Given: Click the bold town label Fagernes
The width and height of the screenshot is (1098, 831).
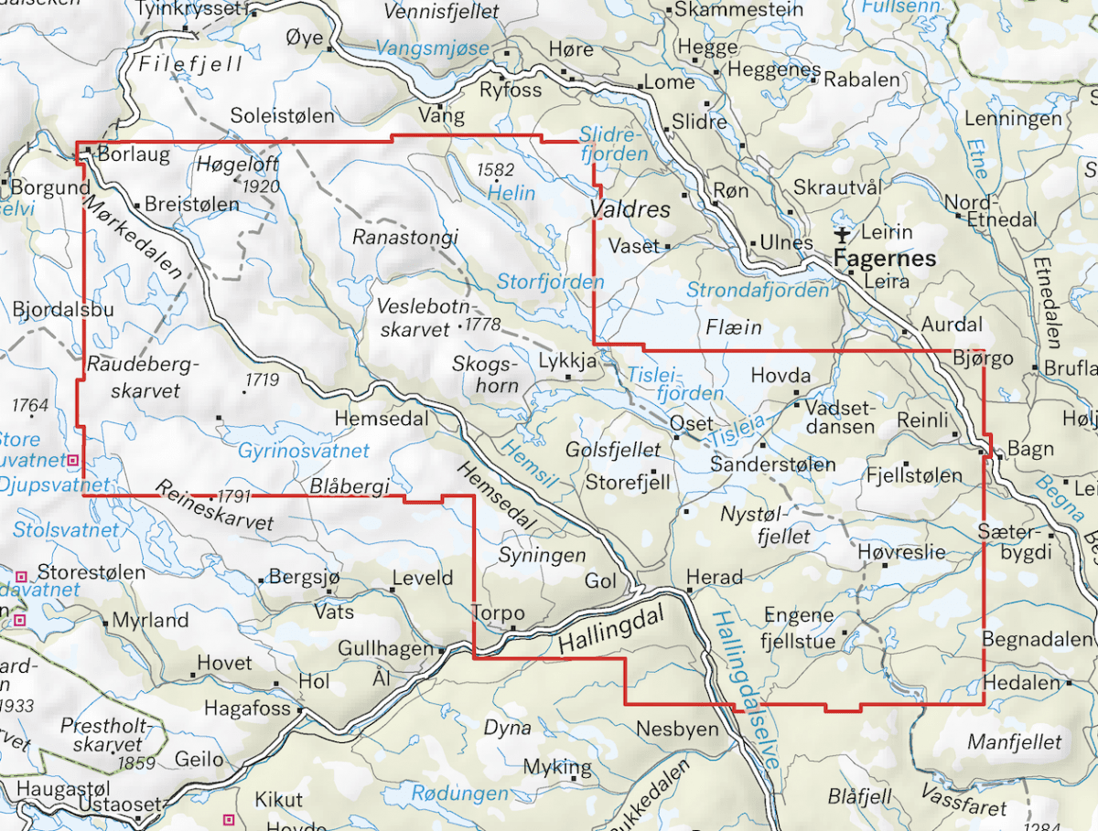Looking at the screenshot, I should (885, 259).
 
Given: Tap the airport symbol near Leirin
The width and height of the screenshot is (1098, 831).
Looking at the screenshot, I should (843, 236).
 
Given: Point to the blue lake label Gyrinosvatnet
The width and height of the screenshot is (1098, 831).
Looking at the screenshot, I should (304, 451).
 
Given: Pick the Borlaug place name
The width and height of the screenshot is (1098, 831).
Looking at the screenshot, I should (134, 154).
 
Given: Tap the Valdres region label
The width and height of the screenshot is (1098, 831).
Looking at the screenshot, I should (630, 209).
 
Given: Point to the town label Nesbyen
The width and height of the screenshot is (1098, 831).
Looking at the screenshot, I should (677, 730).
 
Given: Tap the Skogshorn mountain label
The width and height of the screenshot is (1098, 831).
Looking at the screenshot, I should (486, 374).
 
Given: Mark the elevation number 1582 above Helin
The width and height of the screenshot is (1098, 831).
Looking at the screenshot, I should (495, 170).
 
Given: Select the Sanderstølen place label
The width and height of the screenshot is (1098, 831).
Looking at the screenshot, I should (773, 464).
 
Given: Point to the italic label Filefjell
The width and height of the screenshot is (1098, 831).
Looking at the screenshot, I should (191, 64).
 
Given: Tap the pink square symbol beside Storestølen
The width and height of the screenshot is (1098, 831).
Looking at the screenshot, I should (21, 575).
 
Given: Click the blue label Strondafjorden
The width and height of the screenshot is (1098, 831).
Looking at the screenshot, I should (758, 291).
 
